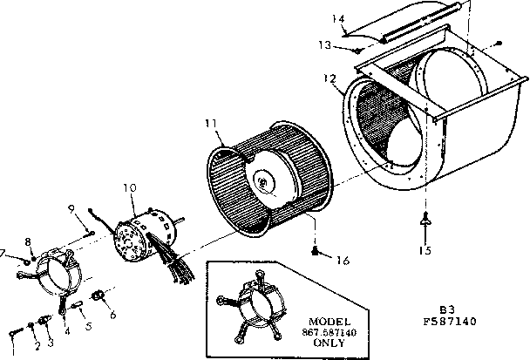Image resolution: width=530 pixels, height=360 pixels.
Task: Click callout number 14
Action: pos(340,19)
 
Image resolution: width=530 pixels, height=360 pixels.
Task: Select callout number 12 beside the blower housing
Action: pos(330,78)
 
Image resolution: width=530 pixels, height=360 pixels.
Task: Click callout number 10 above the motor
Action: pos(130,187)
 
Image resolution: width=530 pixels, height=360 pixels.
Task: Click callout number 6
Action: pos(113,316)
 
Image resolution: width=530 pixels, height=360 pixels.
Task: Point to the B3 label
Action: pos(446,309)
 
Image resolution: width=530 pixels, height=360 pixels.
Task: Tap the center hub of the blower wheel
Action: pos(263,181)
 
